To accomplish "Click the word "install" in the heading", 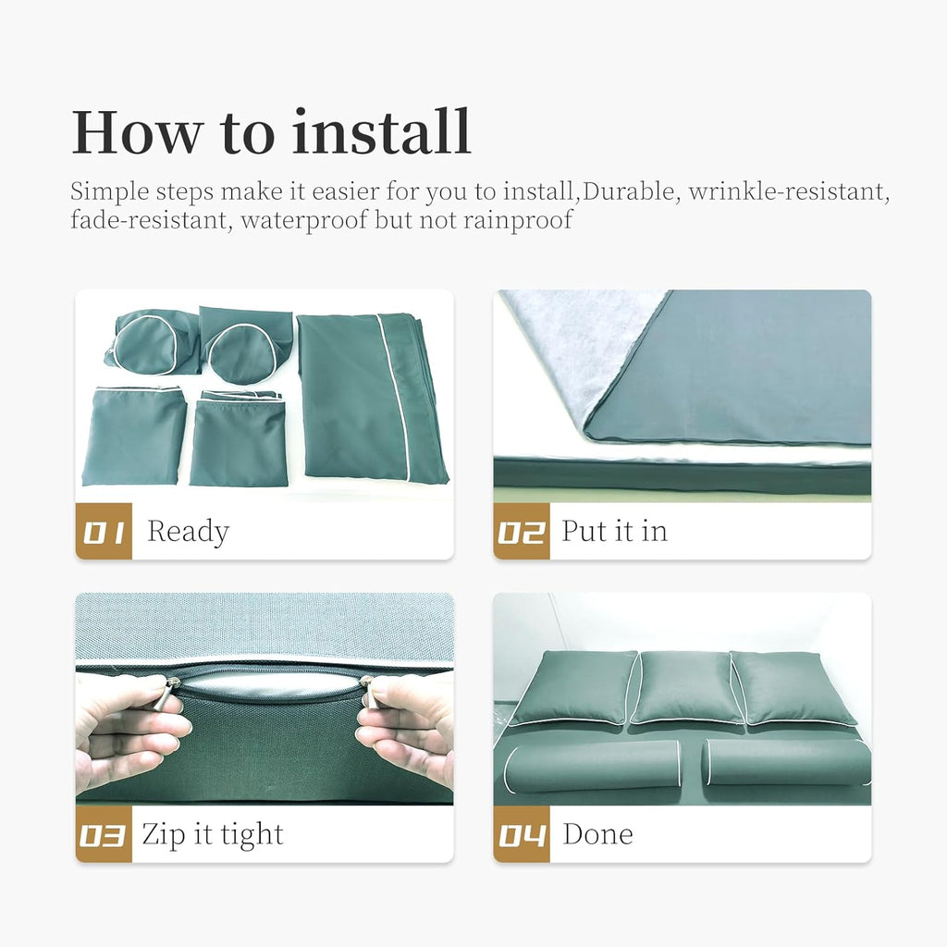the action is point(381,131).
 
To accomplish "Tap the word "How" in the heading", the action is point(137,131).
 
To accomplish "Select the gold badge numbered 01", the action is point(104,531).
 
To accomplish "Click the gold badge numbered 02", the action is point(522,531).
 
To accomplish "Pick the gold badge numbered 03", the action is point(104,834).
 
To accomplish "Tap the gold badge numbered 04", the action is point(522,834).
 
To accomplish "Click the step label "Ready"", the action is point(189,532).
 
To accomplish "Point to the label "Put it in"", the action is point(614,531).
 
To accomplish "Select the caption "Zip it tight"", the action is point(213,835).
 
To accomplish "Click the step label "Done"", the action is point(598,834).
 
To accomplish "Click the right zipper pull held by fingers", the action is point(368,691).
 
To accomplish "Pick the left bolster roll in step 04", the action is point(592,766).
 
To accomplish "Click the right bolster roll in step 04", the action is point(788,762).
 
